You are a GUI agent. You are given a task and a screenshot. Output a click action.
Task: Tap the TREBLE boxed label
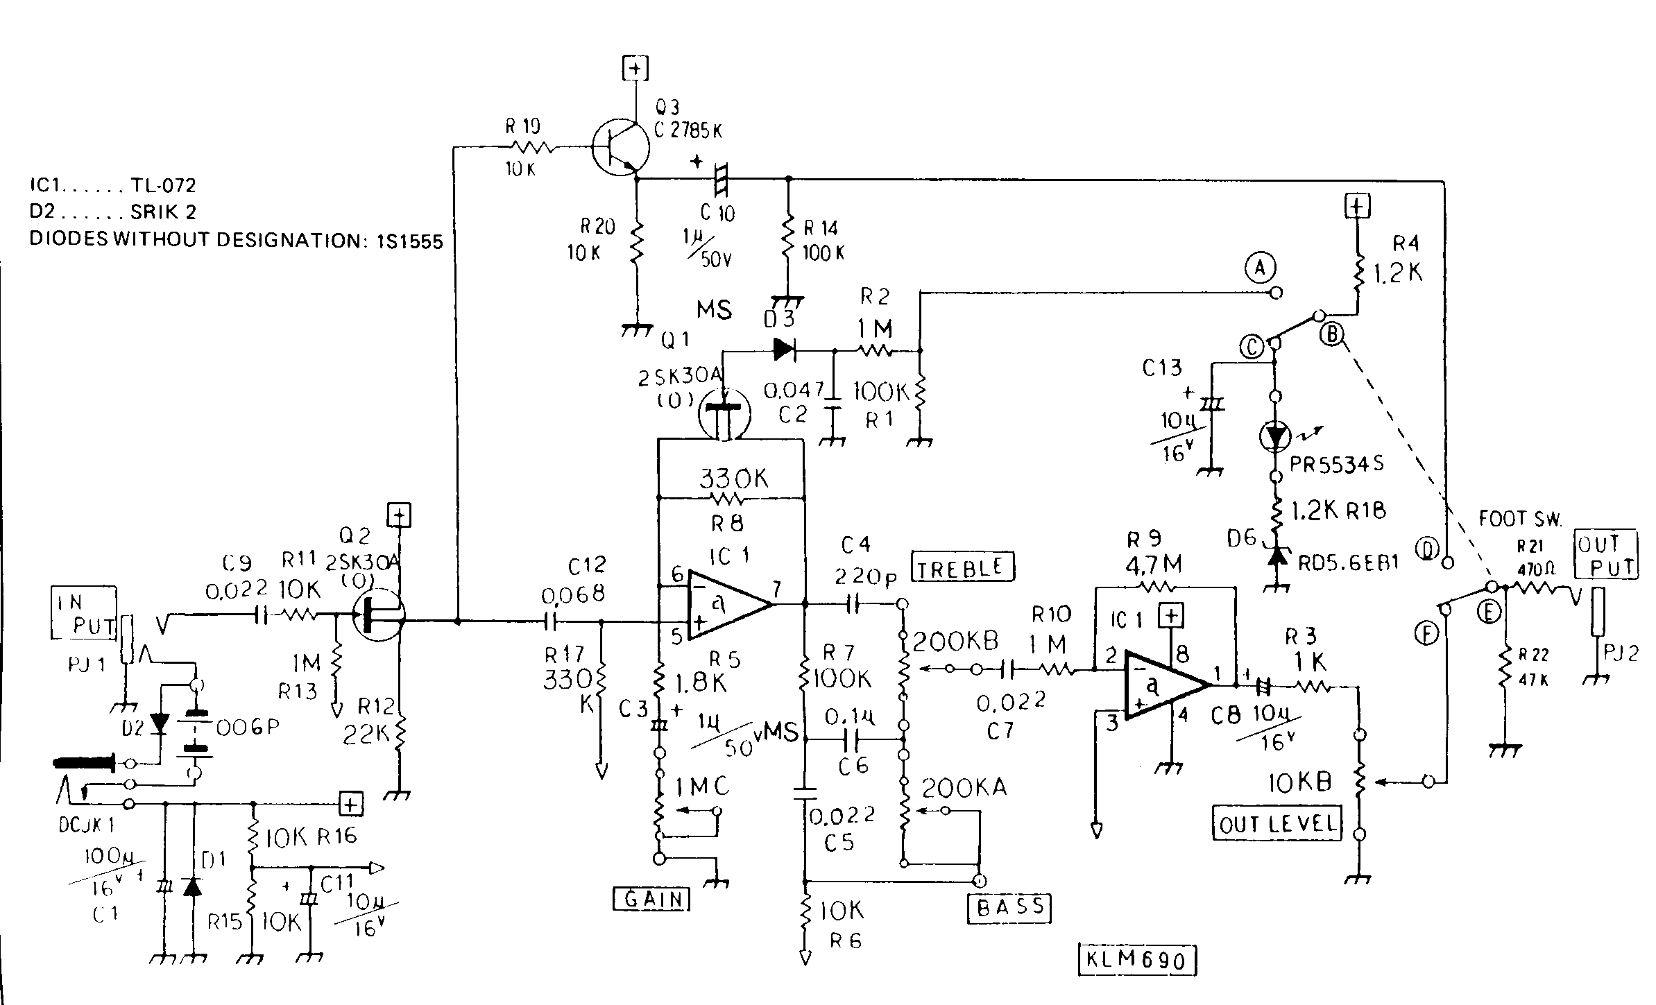(x=962, y=567)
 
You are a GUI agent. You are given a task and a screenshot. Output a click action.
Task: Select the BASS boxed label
(x=1009, y=907)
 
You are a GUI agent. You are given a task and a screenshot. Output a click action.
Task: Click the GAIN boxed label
(x=652, y=899)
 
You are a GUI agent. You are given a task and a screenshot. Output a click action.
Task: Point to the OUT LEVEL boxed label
(x=1277, y=823)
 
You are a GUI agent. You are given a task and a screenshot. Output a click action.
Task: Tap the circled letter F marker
(x=1426, y=633)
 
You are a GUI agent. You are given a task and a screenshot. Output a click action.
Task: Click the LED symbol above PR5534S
(x=1275, y=436)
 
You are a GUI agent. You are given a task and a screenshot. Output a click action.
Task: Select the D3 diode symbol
(x=784, y=349)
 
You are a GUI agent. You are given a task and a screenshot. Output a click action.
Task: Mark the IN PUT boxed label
(x=83, y=613)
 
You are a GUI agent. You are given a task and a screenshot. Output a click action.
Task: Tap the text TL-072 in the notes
(x=163, y=185)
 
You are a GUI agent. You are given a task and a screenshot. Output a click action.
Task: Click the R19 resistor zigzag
(x=532, y=147)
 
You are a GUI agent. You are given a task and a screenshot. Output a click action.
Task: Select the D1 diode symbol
(x=192, y=886)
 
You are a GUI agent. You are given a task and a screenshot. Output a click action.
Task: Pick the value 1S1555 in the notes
(x=410, y=241)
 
